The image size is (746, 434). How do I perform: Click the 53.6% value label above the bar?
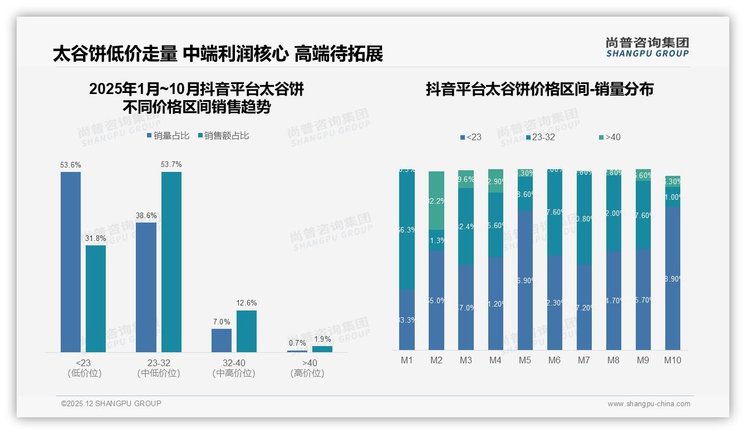71,165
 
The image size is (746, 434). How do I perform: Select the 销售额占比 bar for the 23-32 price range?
171,262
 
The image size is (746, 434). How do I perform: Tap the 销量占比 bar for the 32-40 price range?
222,340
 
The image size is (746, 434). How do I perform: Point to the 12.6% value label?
247,303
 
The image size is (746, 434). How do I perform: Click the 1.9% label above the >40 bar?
322,339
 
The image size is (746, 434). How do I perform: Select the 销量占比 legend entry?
168,136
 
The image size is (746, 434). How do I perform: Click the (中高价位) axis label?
234,373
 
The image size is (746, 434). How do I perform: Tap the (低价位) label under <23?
85,373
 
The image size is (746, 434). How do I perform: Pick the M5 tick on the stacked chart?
525,360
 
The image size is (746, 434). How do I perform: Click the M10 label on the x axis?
673,360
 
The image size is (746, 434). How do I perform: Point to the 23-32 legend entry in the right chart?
540,137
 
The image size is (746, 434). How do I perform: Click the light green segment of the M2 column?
436,200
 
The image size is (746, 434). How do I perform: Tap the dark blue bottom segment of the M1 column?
407,319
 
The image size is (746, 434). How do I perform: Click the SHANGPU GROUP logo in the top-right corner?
647,47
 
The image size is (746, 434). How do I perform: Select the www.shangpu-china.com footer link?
649,404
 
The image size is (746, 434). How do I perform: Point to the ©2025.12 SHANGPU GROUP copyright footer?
111,403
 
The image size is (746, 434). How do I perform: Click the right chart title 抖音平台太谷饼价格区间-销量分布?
539,90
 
